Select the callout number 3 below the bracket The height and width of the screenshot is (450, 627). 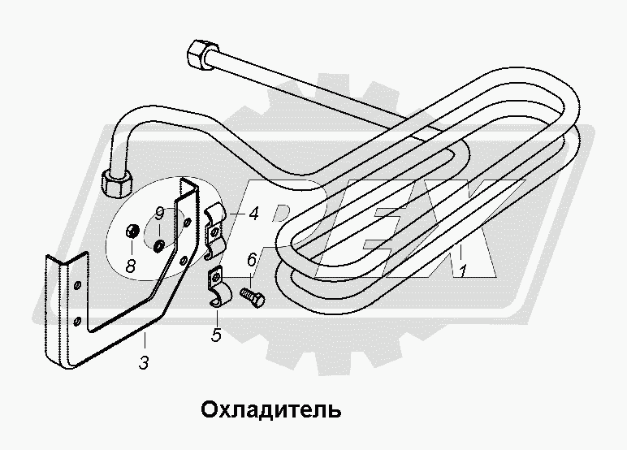point(143,363)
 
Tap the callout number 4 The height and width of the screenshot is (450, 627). point(253,215)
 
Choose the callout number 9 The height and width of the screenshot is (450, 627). point(160,214)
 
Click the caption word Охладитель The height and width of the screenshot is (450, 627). point(270,408)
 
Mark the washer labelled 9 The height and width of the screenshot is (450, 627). point(159,243)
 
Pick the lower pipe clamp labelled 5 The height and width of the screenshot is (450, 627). point(218,290)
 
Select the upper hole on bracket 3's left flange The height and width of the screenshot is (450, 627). point(76,285)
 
